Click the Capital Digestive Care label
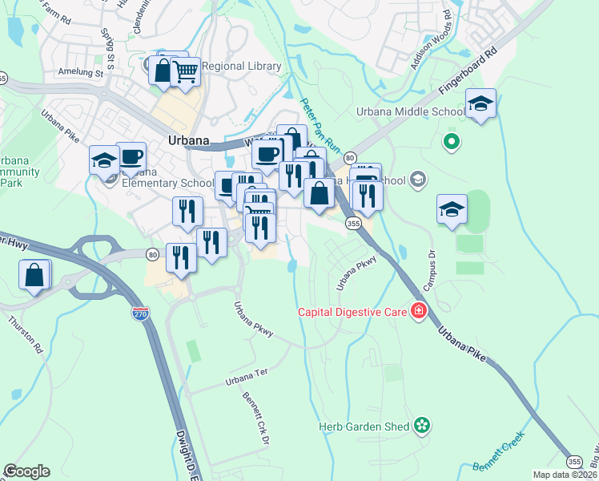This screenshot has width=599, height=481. click(353, 312)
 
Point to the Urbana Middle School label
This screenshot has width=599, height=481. click(423, 111)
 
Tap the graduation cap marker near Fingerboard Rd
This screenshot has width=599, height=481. click(480, 103)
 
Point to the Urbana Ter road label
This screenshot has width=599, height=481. click(244, 375)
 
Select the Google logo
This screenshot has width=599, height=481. click(26, 471)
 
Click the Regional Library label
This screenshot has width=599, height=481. click(242, 67)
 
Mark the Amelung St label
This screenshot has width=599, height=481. click(82, 72)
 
